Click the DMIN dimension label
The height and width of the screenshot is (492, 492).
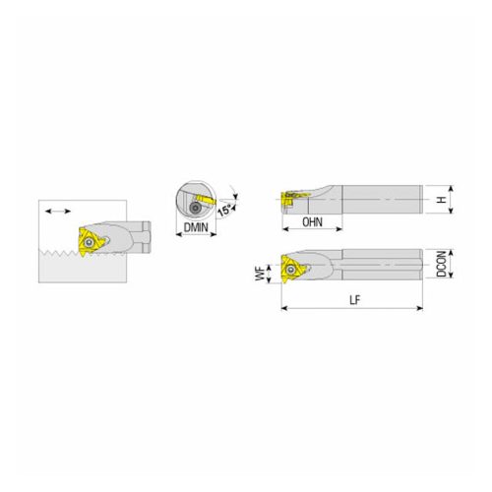(x=196, y=227)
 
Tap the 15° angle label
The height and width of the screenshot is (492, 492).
(x=225, y=210)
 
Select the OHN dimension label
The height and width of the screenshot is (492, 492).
(x=312, y=222)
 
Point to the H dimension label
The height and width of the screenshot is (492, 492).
(x=442, y=200)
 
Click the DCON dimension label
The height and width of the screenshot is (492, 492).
(x=442, y=264)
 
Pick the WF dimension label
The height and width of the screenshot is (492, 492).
(x=260, y=274)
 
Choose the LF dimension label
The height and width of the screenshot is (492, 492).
(x=354, y=299)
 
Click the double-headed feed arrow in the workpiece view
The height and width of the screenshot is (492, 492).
(x=58, y=212)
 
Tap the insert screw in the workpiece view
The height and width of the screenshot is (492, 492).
(x=88, y=243)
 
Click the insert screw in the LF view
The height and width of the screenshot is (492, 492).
(x=290, y=270)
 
